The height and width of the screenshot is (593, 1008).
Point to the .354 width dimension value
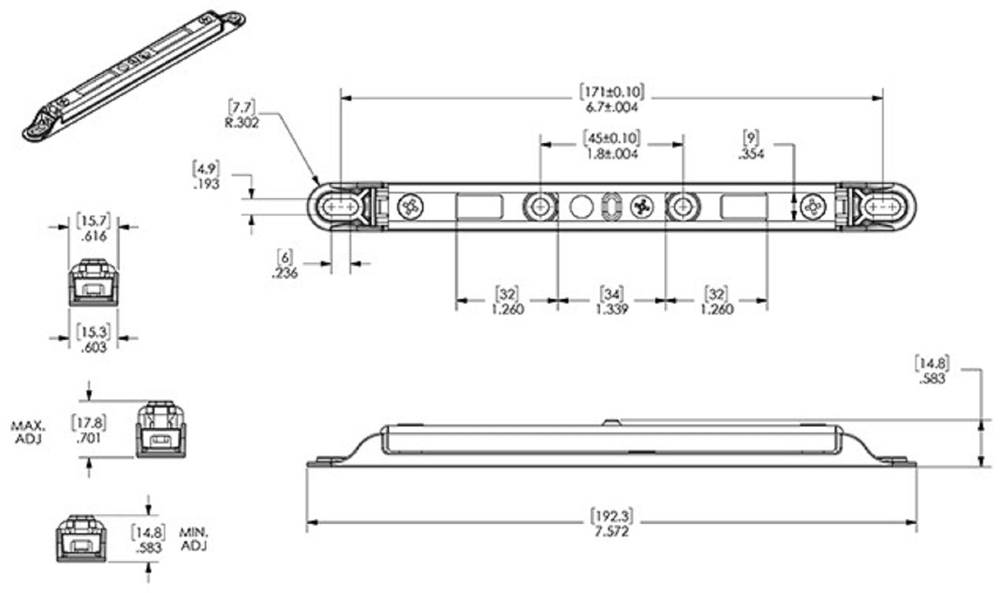pyautogui.click(x=751, y=154)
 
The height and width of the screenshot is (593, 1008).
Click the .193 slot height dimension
pyautogui.click(x=206, y=184)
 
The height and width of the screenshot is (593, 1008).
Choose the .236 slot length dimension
pyautogui.click(x=285, y=273)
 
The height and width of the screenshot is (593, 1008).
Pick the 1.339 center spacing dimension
pyautogui.click(x=612, y=309)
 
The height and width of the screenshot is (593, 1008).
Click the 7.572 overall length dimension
pyautogui.click(x=612, y=531)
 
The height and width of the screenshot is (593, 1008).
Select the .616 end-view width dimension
pyautogui.click(x=93, y=236)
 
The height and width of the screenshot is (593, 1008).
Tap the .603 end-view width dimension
pyautogui.click(x=93, y=347)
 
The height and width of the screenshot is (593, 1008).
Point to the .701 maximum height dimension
pyautogui.click(x=89, y=438)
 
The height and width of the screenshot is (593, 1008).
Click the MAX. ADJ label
pyautogui.click(x=28, y=432)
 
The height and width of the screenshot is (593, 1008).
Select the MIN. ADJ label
pyautogui.click(x=194, y=539)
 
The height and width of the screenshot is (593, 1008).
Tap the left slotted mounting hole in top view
pyautogui.click(x=341, y=207)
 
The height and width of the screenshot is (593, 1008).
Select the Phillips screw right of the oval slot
pyautogui.click(x=642, y=207)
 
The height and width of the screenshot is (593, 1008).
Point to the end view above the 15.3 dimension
pyautogui.click(x=94, y=282)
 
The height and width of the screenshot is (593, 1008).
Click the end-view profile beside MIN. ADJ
pyautogui.click(x=82, y=539)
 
